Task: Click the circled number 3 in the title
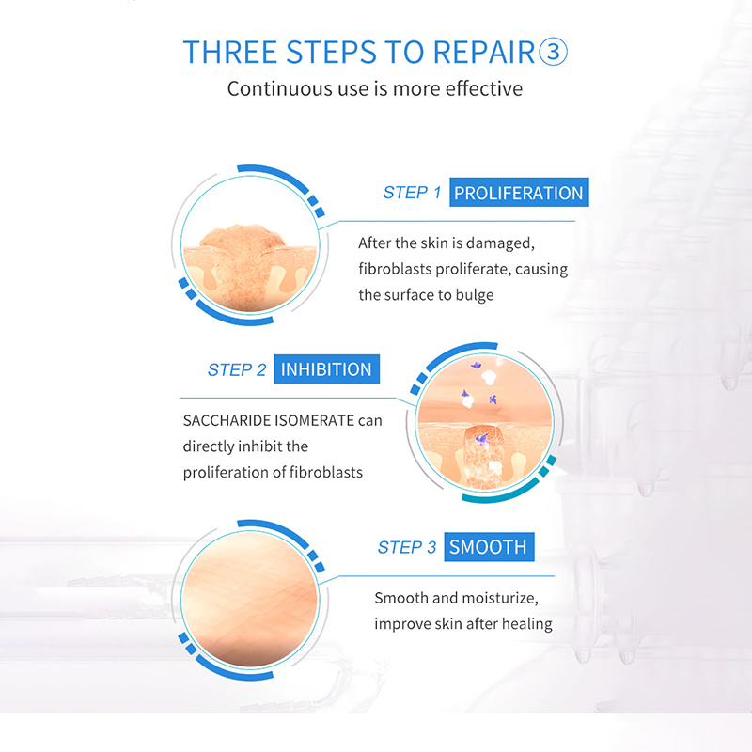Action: (554, 52)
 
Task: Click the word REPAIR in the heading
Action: (483, 52)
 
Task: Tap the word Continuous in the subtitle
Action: (279, 88)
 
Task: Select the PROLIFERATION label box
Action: (519, 193)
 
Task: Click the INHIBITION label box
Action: (326, 368)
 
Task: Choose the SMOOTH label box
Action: (489, 547)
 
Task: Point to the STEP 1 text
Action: (412, 193)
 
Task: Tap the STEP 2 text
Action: (237, 369)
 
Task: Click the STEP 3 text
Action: (407, 547)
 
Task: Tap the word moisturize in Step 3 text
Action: (500, 598)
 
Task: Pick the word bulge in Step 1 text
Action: (475, 295)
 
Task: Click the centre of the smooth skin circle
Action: (250, 600)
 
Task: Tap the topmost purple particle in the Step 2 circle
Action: (476, 366)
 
